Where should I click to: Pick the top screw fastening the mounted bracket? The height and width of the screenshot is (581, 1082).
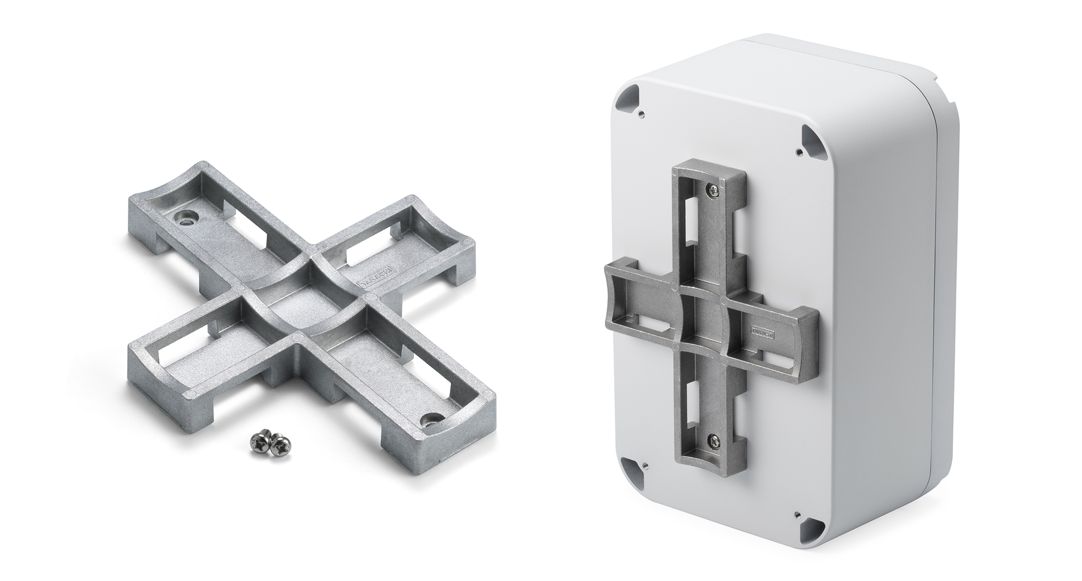tap(713, 189)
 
